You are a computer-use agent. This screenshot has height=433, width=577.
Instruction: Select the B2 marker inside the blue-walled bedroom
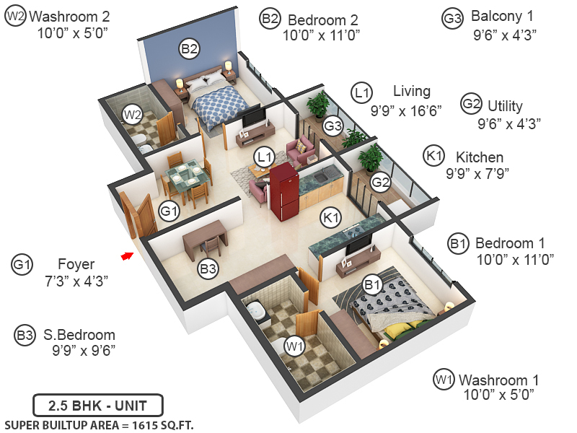[x=190, y=49]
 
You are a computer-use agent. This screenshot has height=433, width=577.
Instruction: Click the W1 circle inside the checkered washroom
[x=294, y=347]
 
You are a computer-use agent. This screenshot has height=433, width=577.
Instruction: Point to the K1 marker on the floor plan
[x=331, y=216]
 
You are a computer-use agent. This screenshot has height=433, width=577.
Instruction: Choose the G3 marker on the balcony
[x=332, y=126]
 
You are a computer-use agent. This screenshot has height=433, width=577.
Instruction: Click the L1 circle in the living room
[x=264, y=155]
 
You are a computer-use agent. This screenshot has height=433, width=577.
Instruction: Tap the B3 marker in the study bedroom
[x=208, y=269]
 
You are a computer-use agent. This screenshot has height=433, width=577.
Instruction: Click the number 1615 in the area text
[x=145, y=425]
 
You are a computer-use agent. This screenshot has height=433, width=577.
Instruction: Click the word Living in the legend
[x=411, y=92]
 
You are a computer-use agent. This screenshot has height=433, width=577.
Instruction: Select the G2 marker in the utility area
[x=381, y=183]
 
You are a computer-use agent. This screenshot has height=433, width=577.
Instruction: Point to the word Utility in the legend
[x=505, y=106]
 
